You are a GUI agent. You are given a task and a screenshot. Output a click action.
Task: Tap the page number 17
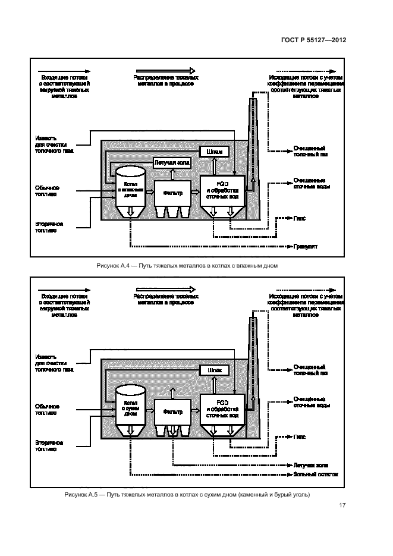pyautogui.click(x=342, y=505)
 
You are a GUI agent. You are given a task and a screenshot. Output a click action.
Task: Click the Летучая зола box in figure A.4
pyautogui.click(x=172, y=162)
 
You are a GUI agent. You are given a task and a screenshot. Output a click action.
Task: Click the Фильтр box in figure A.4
pyautogui.click(x=172, y=193)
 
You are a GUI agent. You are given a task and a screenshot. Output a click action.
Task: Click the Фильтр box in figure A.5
pyautogui.click(x=172, y=411)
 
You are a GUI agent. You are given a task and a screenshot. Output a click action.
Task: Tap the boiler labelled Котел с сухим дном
pyautogui.click(x=130, y=407)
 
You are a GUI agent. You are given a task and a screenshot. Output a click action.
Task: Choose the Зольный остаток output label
pyautogui.click(x=315, y=475)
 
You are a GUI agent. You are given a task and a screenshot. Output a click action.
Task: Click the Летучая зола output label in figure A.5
pyautogui.click(x=311, y=464)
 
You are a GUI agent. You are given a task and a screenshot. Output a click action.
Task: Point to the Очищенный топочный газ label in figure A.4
pyautogui.click(x=309, y=150)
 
